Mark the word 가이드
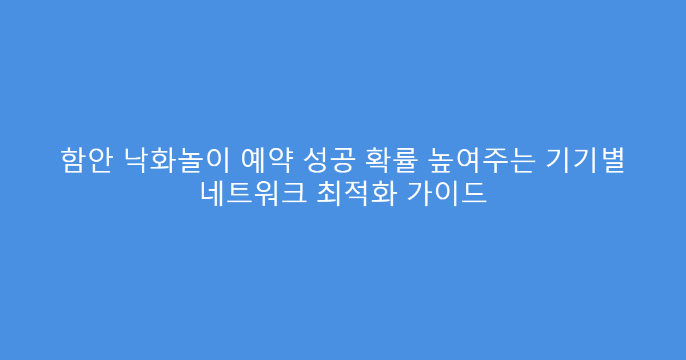tap(446, 194)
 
